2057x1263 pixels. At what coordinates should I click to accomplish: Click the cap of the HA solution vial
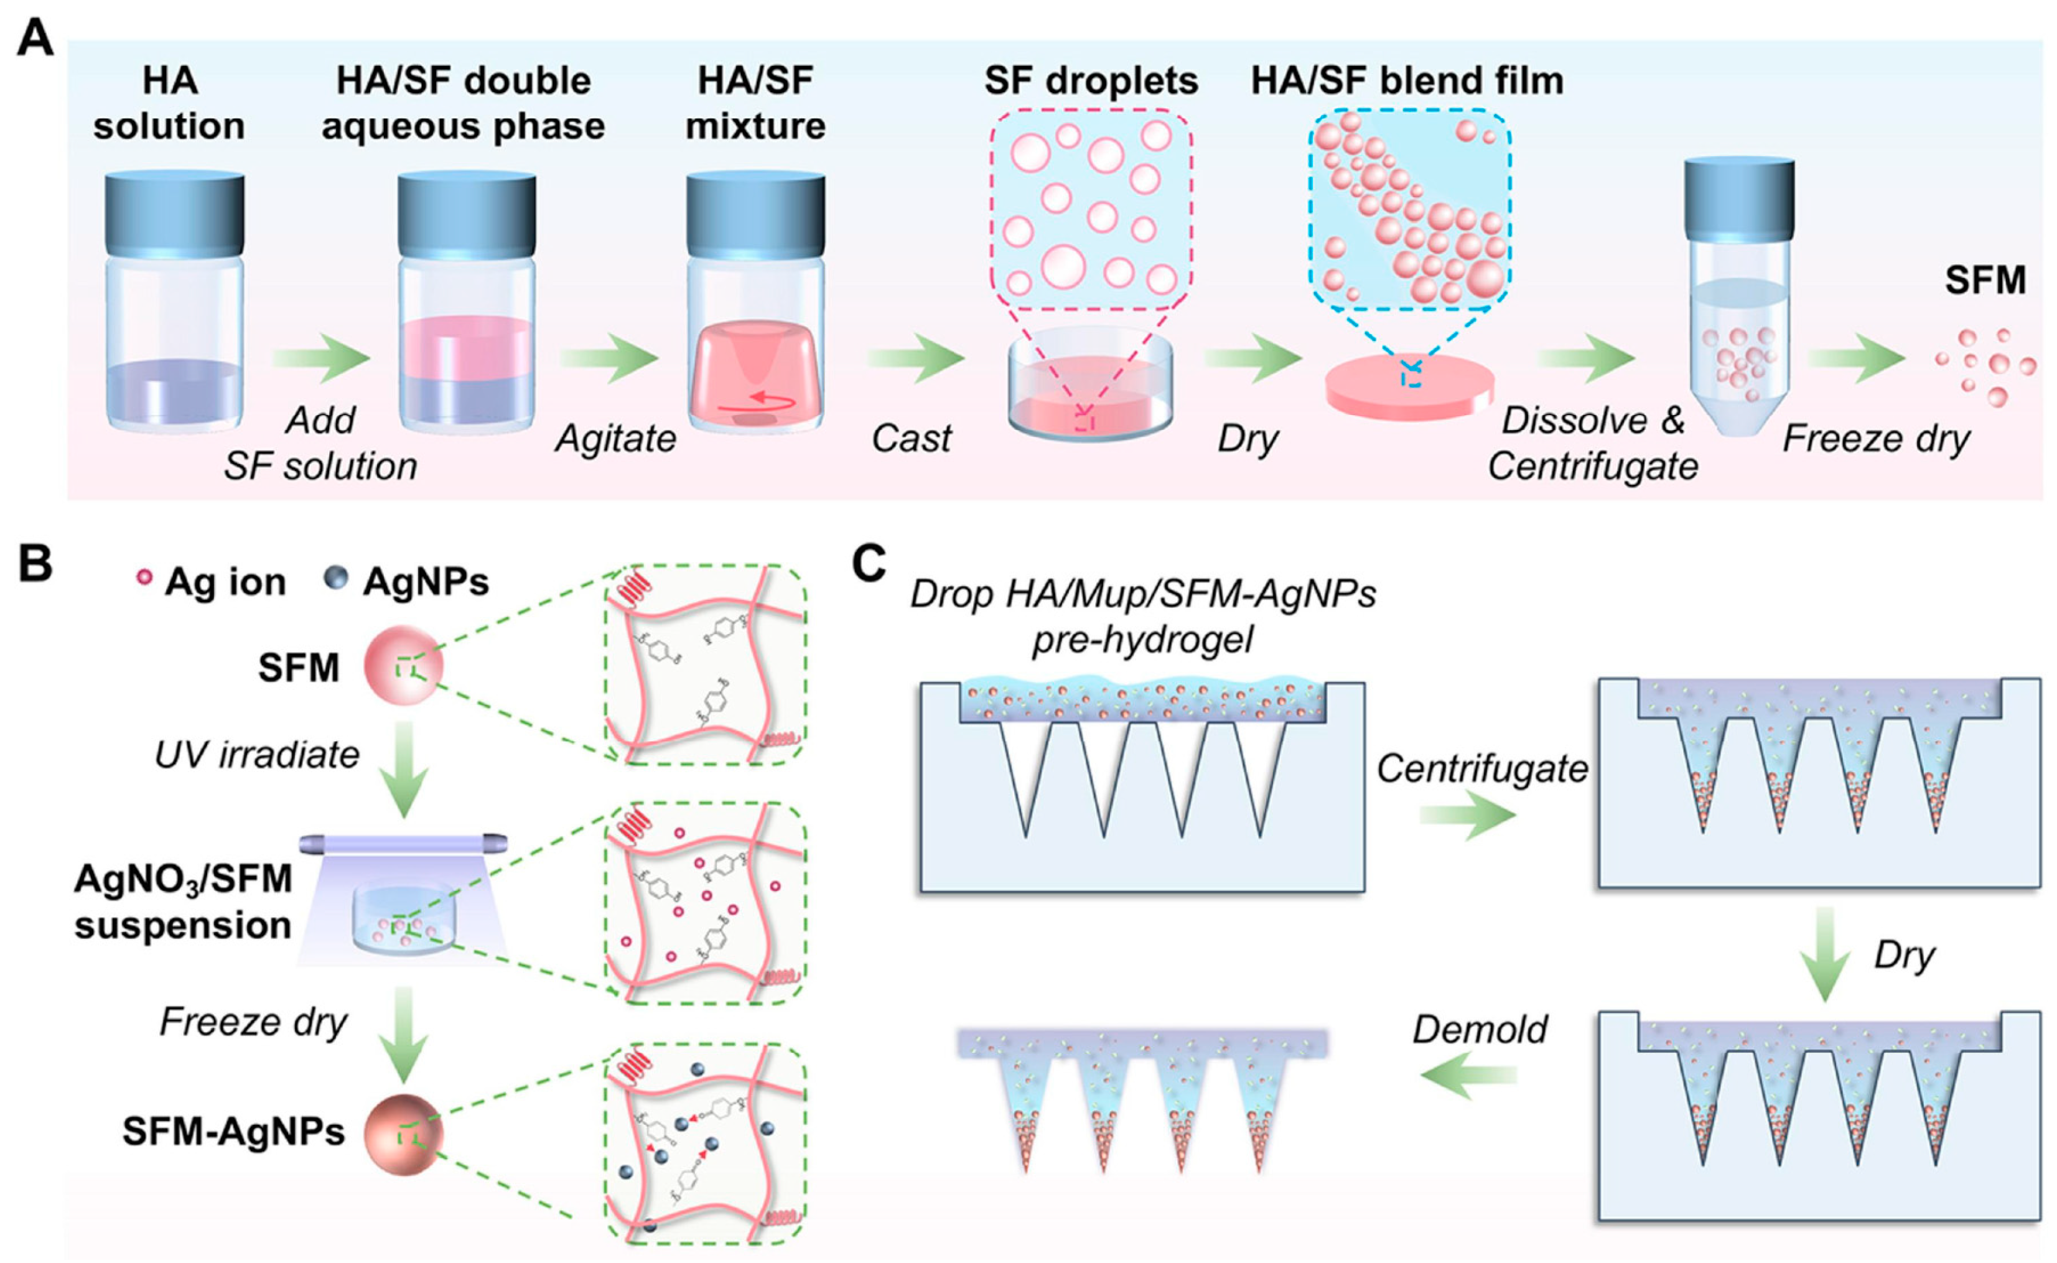[175, 213]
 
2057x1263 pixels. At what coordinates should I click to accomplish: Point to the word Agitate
[615, 439]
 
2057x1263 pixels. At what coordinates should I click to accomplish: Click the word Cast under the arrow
[911, 439]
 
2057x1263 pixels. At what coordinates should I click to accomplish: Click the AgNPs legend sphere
[336, 578]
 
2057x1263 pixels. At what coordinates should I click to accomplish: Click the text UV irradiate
[256, 755]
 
